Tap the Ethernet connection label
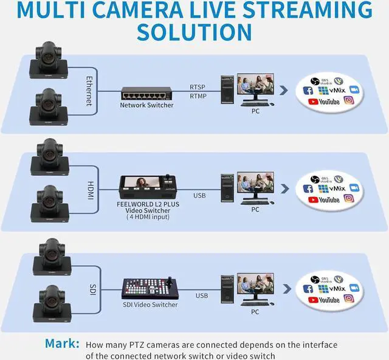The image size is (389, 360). [x=89, y=90]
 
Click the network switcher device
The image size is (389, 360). [x=146, y=93]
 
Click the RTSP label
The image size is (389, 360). [x=198, y=87]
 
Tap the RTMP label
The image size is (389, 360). [x=198, y=95]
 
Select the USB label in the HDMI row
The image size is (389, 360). [x=199, y=196]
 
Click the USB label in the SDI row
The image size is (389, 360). [x=202, y=296]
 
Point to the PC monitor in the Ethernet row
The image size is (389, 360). [x=255, y=86]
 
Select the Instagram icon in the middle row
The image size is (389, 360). [x=349, y=199]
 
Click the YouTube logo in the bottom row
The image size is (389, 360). [x=323, y=299]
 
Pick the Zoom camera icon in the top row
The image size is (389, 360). [x=354, y=90]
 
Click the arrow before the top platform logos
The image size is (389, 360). [x=284, y=90]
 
